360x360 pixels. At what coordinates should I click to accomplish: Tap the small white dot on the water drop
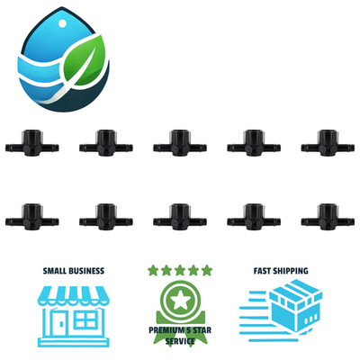coord(63,23)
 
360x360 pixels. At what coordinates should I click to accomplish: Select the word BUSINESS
coord(88,271)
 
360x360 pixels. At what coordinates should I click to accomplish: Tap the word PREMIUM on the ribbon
coord(166,330)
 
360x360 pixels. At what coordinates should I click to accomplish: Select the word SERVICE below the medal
coord(180,341)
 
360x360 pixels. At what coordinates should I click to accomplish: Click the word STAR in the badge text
coord(202,330)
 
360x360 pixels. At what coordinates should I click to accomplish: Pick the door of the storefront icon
coord(61,323)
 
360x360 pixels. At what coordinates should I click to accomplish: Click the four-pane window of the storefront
coord(85,319)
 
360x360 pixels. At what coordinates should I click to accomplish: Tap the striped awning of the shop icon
coord(74,295)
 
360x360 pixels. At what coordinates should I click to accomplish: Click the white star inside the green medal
coord(180,301)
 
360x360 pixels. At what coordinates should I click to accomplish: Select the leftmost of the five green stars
coord(153,270)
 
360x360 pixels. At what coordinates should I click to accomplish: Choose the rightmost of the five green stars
coord(207,270)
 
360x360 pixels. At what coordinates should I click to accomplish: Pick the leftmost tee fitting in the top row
coord(32,143)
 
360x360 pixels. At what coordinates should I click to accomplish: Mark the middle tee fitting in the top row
coord(180,143)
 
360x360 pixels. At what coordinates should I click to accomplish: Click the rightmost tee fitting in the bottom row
coord(328,217)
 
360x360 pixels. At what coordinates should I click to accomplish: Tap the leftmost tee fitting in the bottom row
coord(32,217)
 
